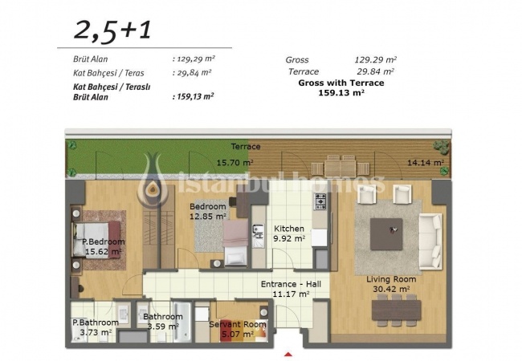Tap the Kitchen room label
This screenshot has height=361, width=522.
289,229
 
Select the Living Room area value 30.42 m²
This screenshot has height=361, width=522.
391,289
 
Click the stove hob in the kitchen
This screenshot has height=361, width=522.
320,201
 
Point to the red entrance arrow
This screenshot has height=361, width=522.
288,355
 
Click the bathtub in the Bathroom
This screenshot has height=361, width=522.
181,322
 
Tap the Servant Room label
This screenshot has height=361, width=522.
238,324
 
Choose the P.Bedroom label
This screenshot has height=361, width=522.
104,241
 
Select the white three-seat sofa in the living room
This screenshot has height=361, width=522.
430,241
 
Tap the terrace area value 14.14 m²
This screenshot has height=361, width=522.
426,163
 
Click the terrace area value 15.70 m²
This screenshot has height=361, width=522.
235,163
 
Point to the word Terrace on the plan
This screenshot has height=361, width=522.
246,147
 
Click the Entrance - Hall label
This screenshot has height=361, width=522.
291,284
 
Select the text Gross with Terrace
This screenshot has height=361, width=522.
341,83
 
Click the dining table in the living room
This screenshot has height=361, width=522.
396,310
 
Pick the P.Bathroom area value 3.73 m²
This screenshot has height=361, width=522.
96,332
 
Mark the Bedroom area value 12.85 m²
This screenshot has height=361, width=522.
208,217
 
